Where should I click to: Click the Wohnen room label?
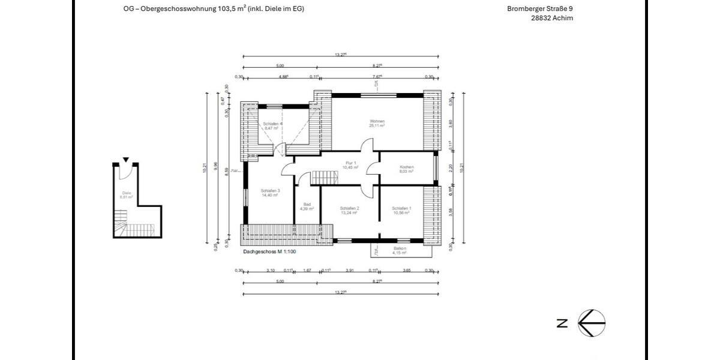coord(377,121)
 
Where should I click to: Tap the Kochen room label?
coord(407,167)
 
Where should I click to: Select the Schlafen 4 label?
coord(272,124)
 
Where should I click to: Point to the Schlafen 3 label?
coord(270,191)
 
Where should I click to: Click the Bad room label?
coord(307,204)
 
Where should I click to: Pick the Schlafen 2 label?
coord(349,208)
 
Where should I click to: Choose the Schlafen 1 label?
coord(402,208)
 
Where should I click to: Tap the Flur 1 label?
coord(351,163)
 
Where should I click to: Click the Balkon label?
coord(400,248)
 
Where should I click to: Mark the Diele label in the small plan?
coord(126,193)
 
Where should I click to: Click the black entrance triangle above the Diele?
coord(125,160)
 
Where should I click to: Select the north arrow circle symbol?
coord(592,323)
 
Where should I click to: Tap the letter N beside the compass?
coord(562,323)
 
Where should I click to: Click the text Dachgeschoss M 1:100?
coord(270,252)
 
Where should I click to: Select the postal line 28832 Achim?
coord(552,18)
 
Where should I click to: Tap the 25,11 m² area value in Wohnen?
coord(377,126)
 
